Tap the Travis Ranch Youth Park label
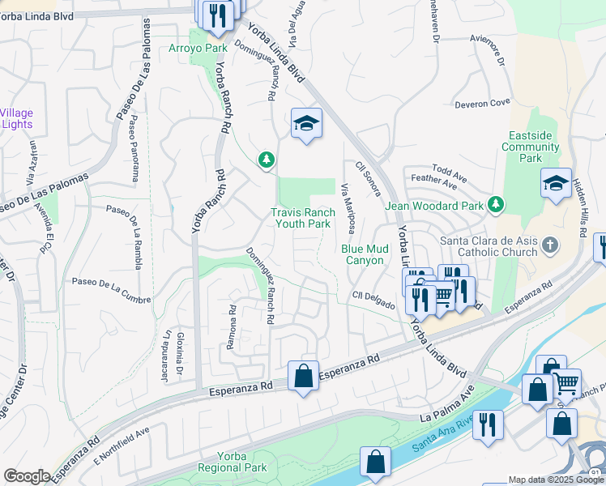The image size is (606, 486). pyautogui.click(x=303, y=218)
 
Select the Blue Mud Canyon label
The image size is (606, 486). pyautogui.click(x=362, y=254)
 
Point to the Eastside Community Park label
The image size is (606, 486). pyautogui.click(x=531, y=147)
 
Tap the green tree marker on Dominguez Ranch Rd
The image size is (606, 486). pyautogui.click(x=267, y=160)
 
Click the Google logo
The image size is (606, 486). pyautogui.click(x=26, y=476)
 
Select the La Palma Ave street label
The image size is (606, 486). pyautogui.click(x=446, y=408)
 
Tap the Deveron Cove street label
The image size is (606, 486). pyautogui.click(x=482, y=103)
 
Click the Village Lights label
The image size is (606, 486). pyautogui.click(x=16, y=118)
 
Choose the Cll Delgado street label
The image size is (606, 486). pyautogui.click(x=373, y=300)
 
